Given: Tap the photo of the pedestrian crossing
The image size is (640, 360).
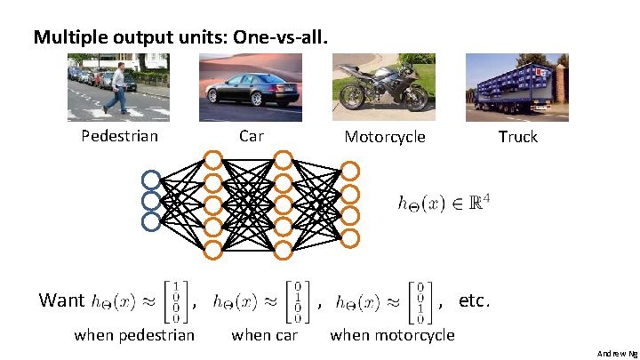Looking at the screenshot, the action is click(x=115, y=87).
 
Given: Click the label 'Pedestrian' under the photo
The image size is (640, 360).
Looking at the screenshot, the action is click(x=119, y=136).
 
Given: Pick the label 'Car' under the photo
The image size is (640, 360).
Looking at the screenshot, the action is click(x=252, y=136).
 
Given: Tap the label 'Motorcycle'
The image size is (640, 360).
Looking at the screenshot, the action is click(x=385, y=137).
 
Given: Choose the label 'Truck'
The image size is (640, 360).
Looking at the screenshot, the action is click(x=517, y=136).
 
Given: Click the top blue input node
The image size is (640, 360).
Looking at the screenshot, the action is click(x=150, y=179).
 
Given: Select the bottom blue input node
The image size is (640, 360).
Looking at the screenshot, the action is click(x=150, y=221).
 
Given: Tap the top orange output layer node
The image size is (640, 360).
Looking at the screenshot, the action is click(x=351, y=171).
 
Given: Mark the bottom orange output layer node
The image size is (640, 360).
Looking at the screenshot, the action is click(x=351, y=237).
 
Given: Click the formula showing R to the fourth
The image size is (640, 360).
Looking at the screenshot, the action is click(x=442, y=203).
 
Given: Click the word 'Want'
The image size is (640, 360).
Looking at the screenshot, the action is click(x=61, y=300).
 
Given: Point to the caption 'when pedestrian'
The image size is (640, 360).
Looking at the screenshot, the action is click(x=134, y=335).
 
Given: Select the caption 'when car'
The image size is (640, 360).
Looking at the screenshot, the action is click(x=264, y=335).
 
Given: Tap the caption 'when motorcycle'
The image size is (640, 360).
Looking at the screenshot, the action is click(x=392, y=335).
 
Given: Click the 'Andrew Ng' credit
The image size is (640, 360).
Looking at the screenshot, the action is click(x=617, y=353).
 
